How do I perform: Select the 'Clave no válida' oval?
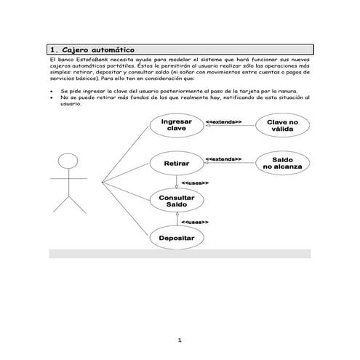[x=281, y=125]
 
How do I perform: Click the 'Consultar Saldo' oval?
[x=176, y=201]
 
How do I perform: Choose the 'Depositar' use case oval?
[x=176, y=238]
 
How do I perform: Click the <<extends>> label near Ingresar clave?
[x=224, y=121]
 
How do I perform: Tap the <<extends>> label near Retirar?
[x=224, y=158]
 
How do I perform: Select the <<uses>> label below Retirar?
[x=194, y=183]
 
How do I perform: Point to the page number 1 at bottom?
[x=180, y=340]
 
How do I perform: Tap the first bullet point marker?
[x=50, y=92]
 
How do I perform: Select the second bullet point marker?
[x=50, y=97]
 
